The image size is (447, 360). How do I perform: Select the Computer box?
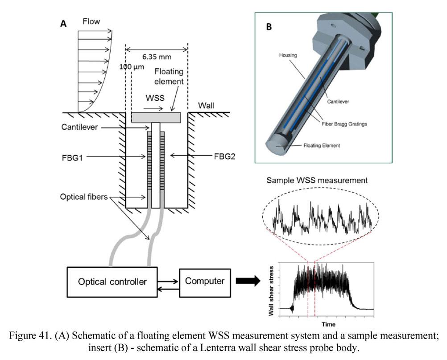[204, 281]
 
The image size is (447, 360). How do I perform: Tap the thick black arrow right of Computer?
[248, 281]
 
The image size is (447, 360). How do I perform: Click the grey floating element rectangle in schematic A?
[156, 117]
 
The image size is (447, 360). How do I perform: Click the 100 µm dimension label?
[129, 67]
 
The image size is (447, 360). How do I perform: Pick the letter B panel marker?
[269, 26]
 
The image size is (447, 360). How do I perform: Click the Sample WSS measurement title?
[317, 180]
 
